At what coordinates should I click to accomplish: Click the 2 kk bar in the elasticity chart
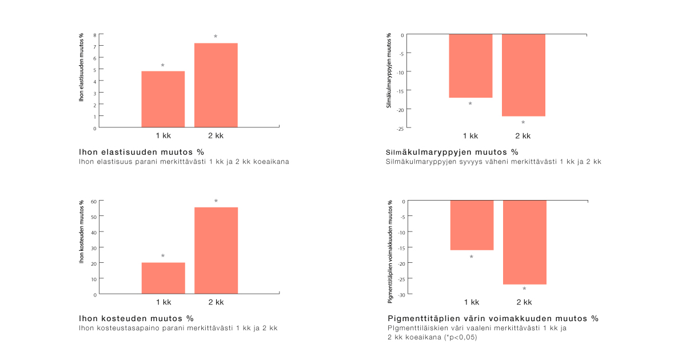[216, 85]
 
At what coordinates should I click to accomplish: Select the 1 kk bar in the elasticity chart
[163, 99]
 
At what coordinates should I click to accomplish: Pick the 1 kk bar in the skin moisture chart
[163, 278]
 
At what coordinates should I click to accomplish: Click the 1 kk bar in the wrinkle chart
[470, 66]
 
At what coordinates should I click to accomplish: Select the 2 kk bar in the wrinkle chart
[524, 75]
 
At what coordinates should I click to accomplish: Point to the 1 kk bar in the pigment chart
[472, 225]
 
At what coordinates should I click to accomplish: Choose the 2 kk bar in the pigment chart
[525, 242]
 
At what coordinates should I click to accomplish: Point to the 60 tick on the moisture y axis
[93, 201]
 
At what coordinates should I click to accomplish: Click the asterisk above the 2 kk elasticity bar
[216, 37]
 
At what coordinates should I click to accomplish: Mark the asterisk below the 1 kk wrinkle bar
[470, 104]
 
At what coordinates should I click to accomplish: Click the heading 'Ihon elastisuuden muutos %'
[142, 152]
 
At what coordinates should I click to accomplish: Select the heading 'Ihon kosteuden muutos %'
[136, 318]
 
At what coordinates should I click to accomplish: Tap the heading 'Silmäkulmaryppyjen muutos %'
[452, 152]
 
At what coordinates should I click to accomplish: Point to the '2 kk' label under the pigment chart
[524, 302]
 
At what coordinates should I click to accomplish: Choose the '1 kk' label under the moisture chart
[163, 302]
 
